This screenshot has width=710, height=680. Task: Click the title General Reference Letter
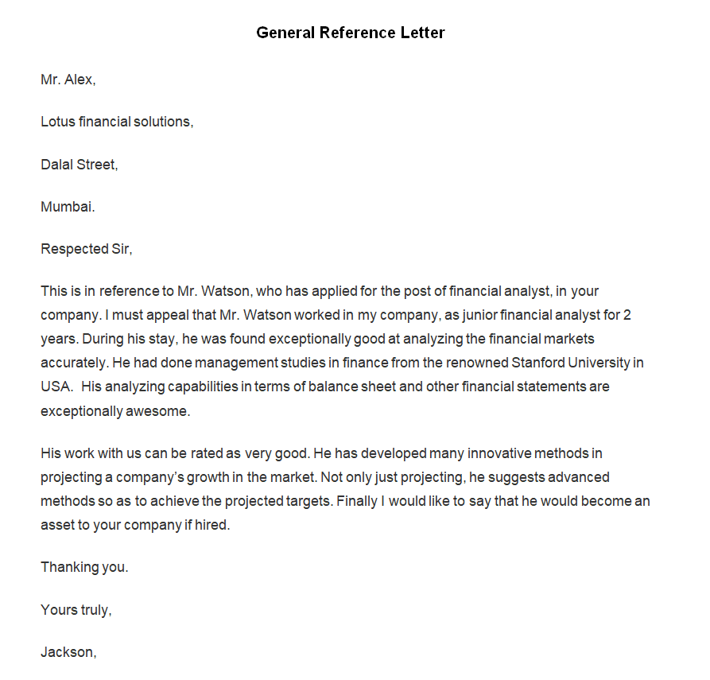351,33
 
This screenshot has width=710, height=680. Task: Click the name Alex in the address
79,80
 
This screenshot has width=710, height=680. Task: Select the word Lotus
57,122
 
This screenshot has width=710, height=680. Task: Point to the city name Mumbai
68,207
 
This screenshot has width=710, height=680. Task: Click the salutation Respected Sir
86,249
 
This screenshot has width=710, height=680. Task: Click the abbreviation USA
56,387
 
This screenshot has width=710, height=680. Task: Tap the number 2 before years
627,315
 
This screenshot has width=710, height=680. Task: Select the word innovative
499,453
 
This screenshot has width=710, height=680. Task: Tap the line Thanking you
84,568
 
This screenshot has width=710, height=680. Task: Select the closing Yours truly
76,610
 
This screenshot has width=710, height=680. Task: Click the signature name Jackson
68,652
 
